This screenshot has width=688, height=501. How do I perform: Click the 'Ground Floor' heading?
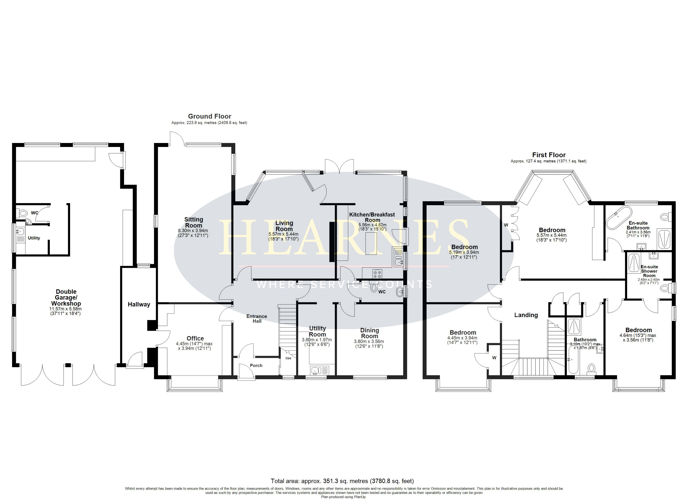[210, 116]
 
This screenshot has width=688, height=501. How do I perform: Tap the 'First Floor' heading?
[549, 155]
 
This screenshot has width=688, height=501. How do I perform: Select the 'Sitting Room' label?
[193, 222]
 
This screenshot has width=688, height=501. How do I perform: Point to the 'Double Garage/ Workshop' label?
[66, 297]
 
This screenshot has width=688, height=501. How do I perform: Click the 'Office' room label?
[195, 338]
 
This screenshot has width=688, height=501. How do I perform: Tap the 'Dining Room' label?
[369, 333]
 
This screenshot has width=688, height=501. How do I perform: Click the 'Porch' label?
[256, 366]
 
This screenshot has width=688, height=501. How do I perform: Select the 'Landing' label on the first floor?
[526, 315]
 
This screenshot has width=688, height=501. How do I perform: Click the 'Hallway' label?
[139, 304]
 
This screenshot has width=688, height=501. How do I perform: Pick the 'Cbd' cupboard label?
[288, 358]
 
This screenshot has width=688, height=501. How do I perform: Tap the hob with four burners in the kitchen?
[377, 274]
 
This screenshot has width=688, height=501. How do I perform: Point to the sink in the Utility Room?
[315, 370]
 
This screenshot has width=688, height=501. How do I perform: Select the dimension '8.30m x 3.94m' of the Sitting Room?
[193, 231]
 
